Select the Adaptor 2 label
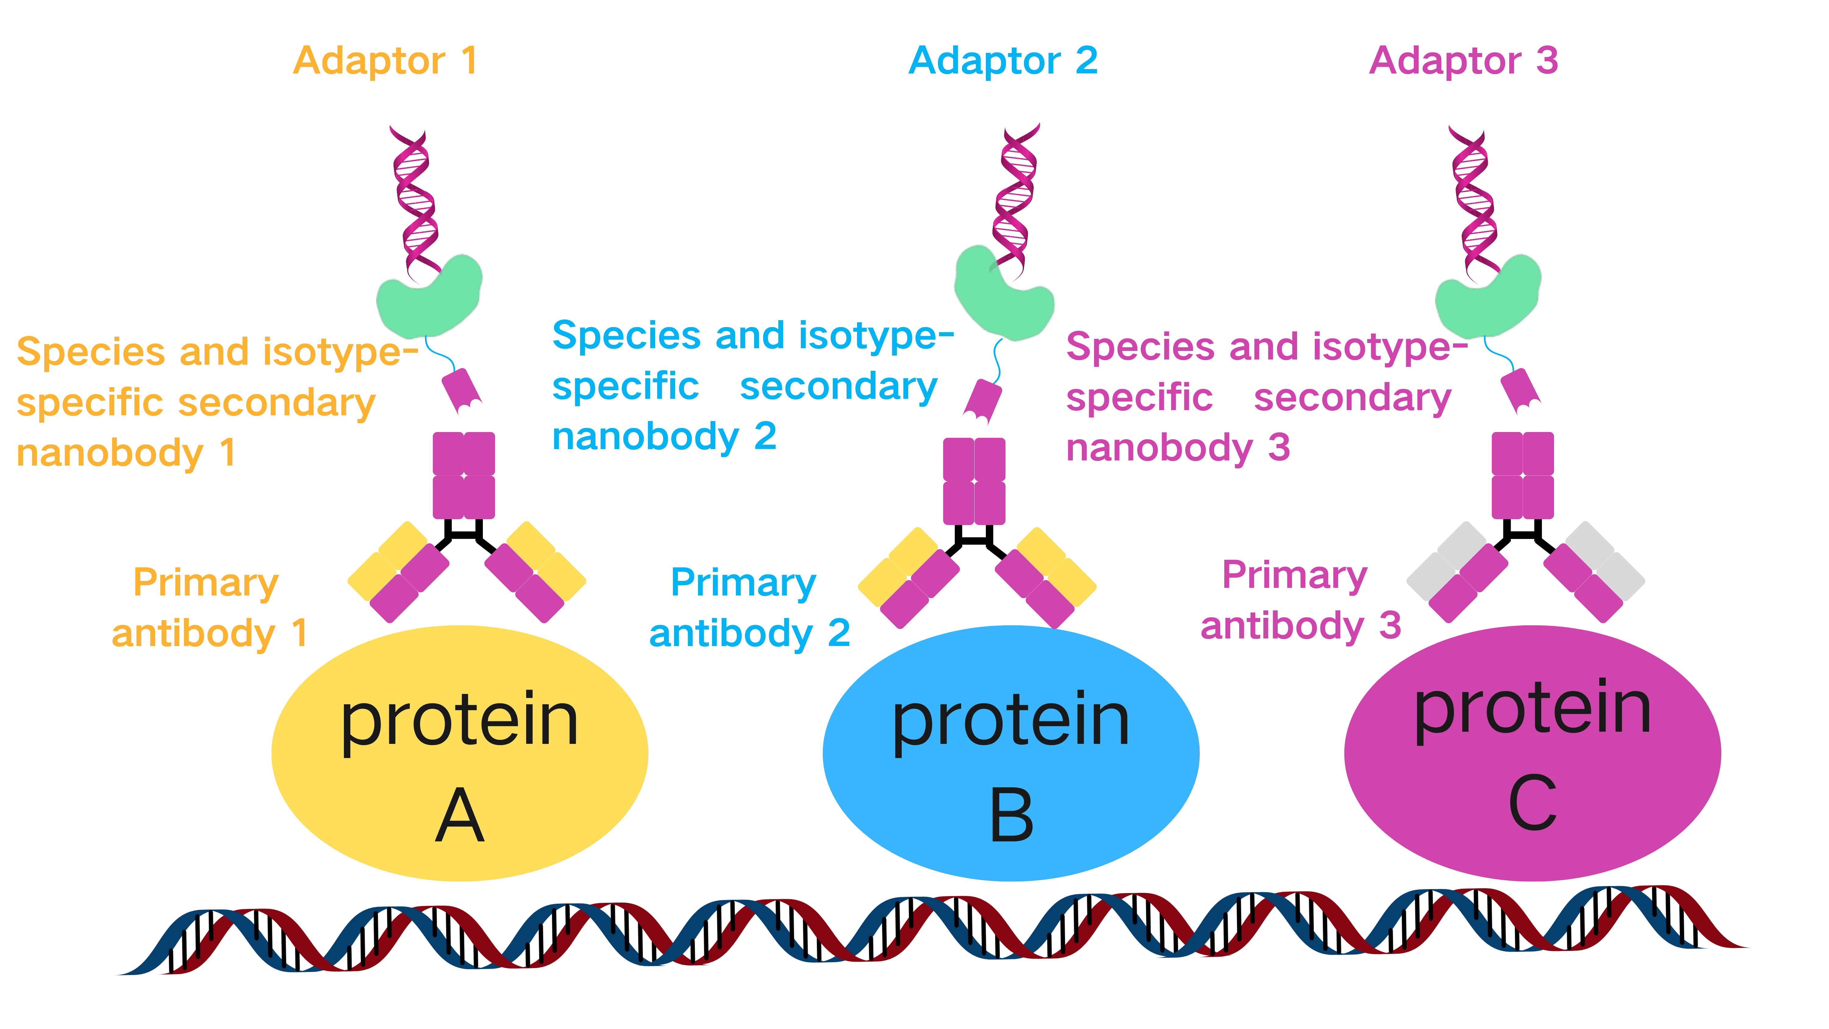click(x=1003, y=61)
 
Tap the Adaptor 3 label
click(x=1463, y=61)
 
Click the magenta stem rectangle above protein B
click(x=973, y=481)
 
